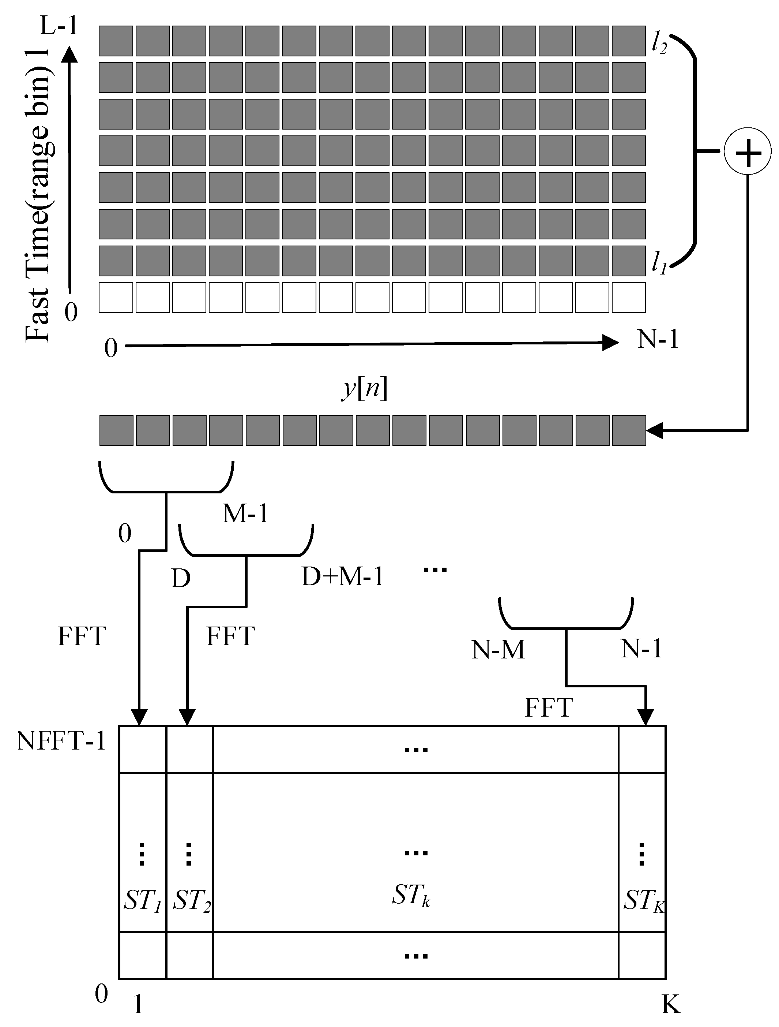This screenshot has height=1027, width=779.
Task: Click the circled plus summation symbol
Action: (748, 152)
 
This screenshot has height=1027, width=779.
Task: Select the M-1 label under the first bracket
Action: (245, 514)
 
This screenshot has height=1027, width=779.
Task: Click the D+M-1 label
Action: (342, 577)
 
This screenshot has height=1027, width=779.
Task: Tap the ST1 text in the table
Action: (142, 901)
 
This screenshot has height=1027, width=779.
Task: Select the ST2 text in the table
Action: (191, 901)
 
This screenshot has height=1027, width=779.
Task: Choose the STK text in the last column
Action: (643, 901)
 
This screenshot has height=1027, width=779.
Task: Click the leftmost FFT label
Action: (82, 636)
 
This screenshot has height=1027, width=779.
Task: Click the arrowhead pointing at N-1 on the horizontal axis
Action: (610, 343)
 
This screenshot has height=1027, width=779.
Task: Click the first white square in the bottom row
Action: (116, 298)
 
